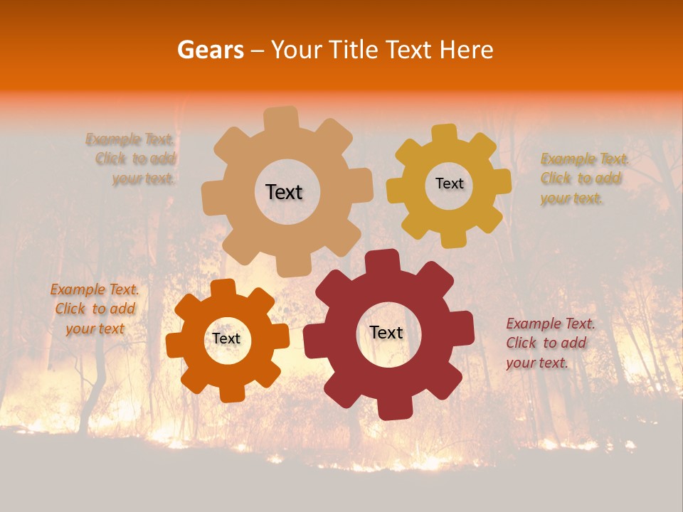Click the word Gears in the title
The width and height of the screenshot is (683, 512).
[x=209, y=50]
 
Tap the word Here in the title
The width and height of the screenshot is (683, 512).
[x=467, y=50]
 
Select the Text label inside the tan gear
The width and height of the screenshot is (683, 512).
[x=284, y=192]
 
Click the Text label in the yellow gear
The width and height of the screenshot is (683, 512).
[x=449, y=183]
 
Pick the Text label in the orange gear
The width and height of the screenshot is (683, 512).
[x=226, y=338]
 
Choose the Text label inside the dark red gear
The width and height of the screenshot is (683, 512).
[x=386, y=332]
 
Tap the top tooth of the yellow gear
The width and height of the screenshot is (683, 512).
[x=445, y=134]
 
